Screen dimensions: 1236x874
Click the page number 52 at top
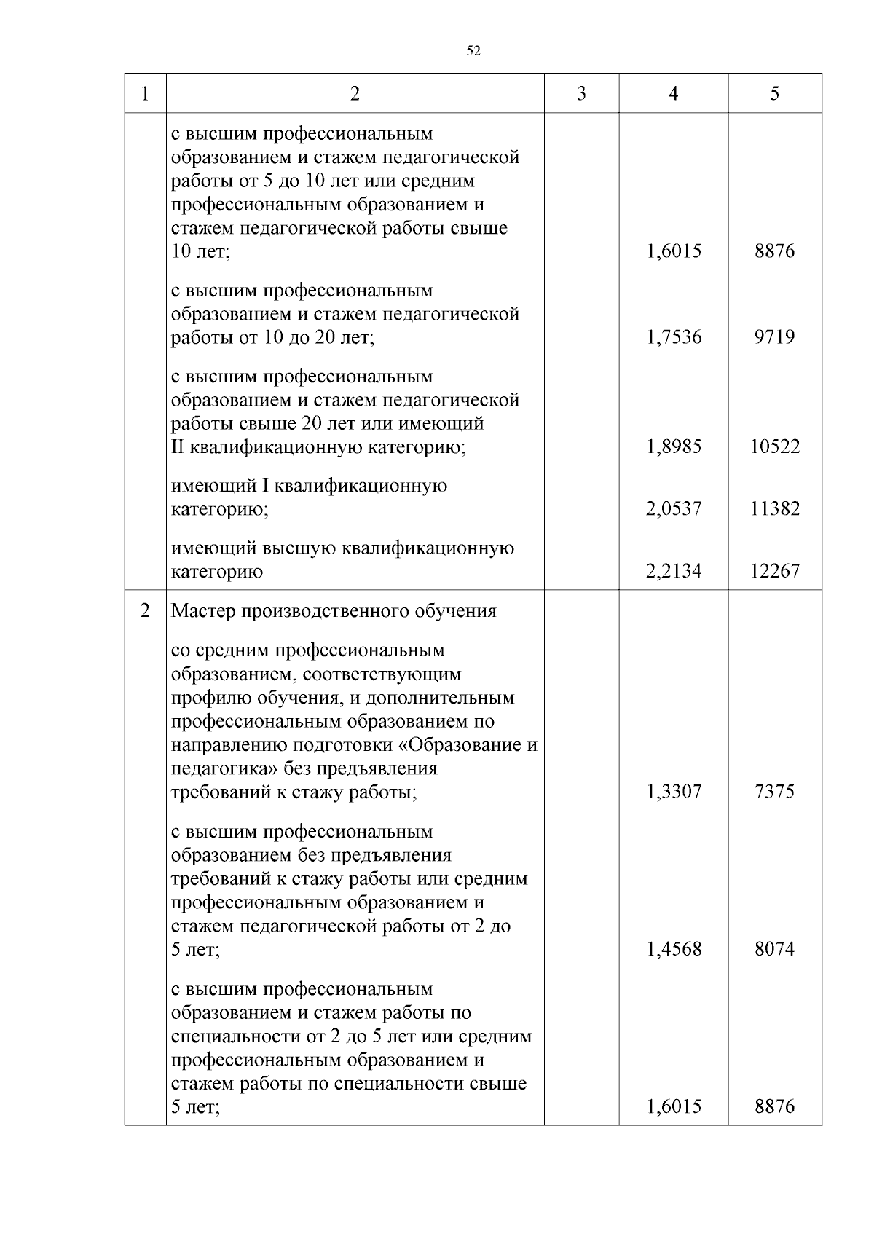coord(473,51)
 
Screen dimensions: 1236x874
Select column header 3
coord(581,94)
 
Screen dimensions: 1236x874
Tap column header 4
coord(673,94)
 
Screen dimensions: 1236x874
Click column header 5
coord(774,94)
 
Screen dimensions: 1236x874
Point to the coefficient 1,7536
coord(674,337)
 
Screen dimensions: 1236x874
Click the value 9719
coord(774,337)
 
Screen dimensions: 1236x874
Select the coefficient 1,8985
coord(674,446)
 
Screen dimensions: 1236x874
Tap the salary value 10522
coord(774,446)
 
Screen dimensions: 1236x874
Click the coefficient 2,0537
coord(674,508)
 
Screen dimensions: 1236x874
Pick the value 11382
coord(774,508)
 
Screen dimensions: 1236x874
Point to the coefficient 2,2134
coord(674,571)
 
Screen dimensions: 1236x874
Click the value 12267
coord(774,571)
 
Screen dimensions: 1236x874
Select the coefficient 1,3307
coord(674,792)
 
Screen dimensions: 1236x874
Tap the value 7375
coord(774,792)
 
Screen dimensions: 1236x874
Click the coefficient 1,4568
coord(674,949)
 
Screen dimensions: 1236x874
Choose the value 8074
coord(774,949)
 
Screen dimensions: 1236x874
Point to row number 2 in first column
coord(145,610)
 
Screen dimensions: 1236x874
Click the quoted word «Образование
coord(461,746)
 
